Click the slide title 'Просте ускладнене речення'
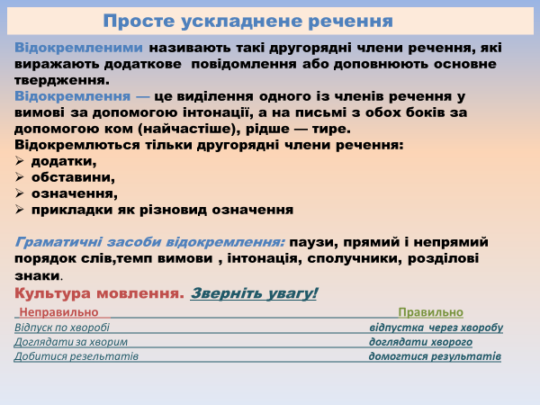(247, 21)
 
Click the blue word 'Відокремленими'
(78, 48)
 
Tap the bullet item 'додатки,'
(63, 161)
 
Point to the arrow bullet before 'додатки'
(21, 161)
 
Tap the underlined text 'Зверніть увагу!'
(254, 293)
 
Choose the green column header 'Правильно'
(430, 312)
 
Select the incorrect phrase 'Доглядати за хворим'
(71, 342)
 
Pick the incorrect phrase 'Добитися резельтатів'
(76, 356)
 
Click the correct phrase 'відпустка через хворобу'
(436, 328)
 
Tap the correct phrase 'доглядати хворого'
(420, 342)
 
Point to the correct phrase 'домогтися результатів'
(435, 356)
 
